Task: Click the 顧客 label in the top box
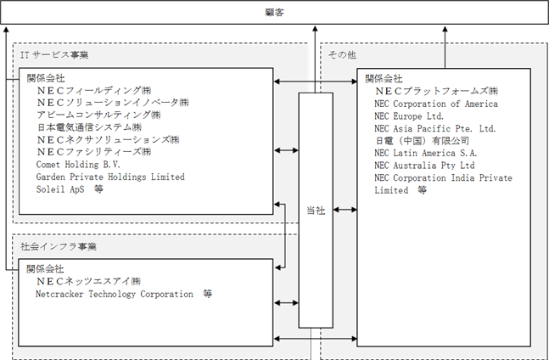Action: [275, 13]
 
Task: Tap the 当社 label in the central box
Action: [316, 211]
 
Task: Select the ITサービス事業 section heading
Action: [54, 55]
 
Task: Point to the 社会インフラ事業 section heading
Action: [59, 246]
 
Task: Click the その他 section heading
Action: [342, 55]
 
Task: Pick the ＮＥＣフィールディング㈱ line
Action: [94, 90]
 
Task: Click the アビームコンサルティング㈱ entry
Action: [98, 115]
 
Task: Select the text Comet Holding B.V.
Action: [78, 165]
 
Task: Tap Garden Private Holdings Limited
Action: [110, 177]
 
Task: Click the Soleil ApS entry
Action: [60, 189]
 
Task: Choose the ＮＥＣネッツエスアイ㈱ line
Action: [89, 281]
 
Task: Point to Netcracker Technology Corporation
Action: [115, 294]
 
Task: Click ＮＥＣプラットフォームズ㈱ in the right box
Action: [437, 91]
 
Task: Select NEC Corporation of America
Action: [436, 104]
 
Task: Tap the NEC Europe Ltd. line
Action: [409, 116]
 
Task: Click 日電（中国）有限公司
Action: [423, 141]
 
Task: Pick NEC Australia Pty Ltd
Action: [425, 166]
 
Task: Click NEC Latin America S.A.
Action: [426, 153]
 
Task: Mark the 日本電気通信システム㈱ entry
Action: [89, 127]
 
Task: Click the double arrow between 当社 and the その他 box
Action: [345, 210]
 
